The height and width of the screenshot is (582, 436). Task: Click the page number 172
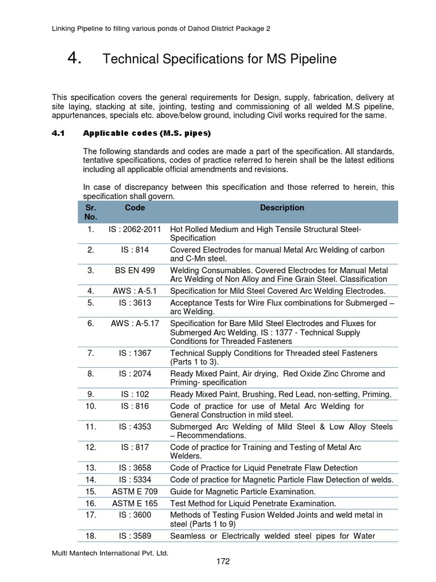(x=223, y=562)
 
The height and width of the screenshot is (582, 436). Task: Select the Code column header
(x=135, y=208)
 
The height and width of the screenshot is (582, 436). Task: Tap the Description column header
(x=282, y=208)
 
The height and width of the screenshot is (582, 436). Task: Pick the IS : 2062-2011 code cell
(x=135, y=228)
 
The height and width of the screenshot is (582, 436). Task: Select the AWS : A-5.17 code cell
(x=135, y=323)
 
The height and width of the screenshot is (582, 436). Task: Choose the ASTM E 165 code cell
(x=135, y=503)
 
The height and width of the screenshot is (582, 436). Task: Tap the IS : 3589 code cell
(x=135, y=535)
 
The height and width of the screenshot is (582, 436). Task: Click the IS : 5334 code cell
(x=135, y=479)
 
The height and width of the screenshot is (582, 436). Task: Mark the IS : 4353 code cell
(x=135, y=426)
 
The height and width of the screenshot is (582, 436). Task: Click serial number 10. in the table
(x=91, y=406)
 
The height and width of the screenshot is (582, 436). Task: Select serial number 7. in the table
(x=91, y=353)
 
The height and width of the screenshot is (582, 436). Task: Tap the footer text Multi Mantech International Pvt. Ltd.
(x=105, y=552)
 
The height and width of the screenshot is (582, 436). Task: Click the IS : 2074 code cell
(x=135, y=373)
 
